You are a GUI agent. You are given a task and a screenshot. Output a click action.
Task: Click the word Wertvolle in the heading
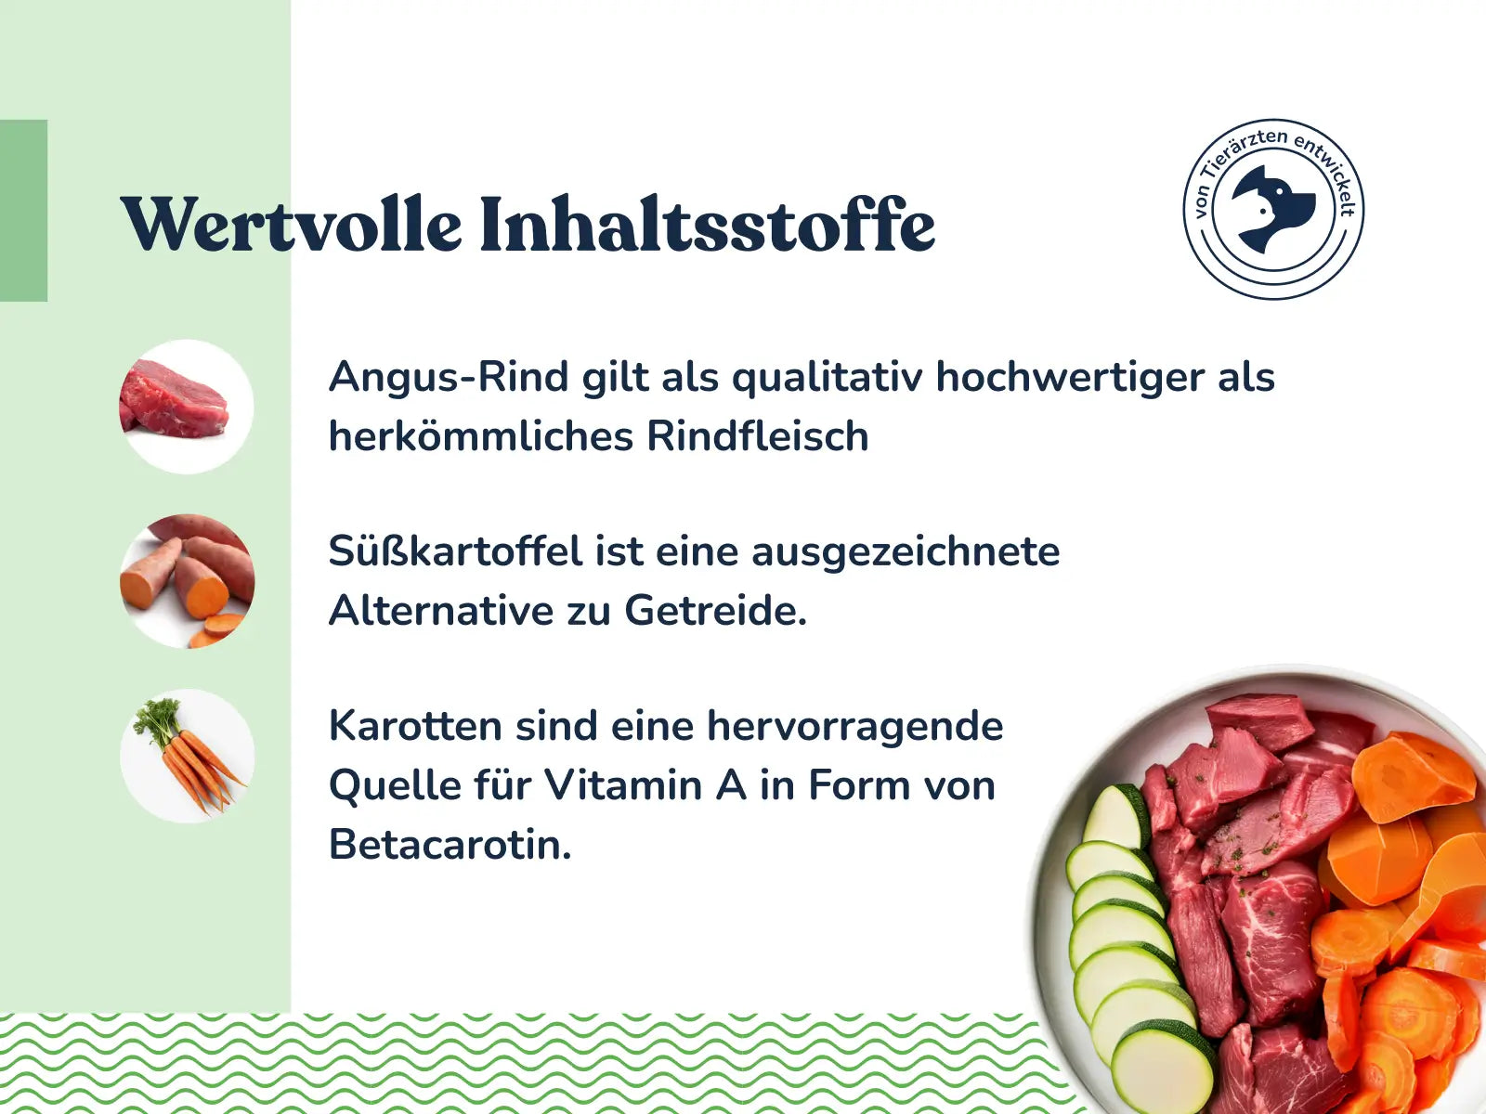[291, 223]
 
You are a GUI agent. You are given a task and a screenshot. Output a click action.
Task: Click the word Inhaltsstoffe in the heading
[708, 223]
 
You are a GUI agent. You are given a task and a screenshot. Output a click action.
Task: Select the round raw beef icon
[187, 407]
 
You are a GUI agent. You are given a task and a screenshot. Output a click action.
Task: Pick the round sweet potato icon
[187, 582]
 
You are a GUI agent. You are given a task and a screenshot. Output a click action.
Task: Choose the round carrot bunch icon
[188, 757]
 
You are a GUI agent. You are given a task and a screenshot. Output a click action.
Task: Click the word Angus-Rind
[449, 378]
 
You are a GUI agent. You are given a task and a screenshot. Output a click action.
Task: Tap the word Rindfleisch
[758, 436]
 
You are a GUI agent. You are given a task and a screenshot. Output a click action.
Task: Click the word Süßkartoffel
[456, 551]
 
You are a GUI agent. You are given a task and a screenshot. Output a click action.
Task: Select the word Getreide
[715, 611]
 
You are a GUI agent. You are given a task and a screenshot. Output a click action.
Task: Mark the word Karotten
[416, 727]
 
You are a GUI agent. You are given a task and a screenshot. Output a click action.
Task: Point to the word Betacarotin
[450, 845]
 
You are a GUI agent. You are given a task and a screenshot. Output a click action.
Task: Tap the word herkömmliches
[481, 436]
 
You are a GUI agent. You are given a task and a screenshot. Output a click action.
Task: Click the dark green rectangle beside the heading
[24, 211]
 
